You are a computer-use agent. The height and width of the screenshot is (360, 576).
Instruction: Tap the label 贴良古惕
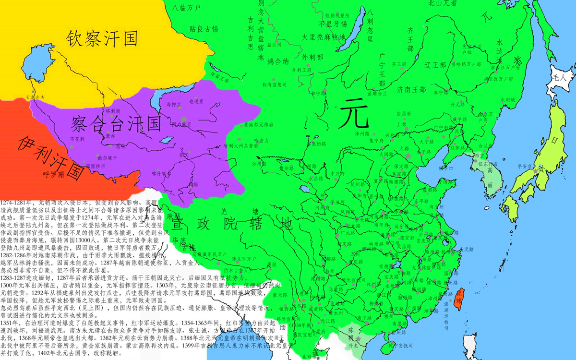point(204,29)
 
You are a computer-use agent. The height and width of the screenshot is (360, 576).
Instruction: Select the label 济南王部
point(411,89)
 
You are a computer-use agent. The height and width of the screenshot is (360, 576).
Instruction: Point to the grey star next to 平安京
point(535,171)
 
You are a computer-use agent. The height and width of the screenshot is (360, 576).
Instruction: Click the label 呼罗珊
point(53,174)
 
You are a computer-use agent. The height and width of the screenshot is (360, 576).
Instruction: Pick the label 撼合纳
point(278,61)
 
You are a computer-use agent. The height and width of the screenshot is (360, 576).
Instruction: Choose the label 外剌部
point(313,57)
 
